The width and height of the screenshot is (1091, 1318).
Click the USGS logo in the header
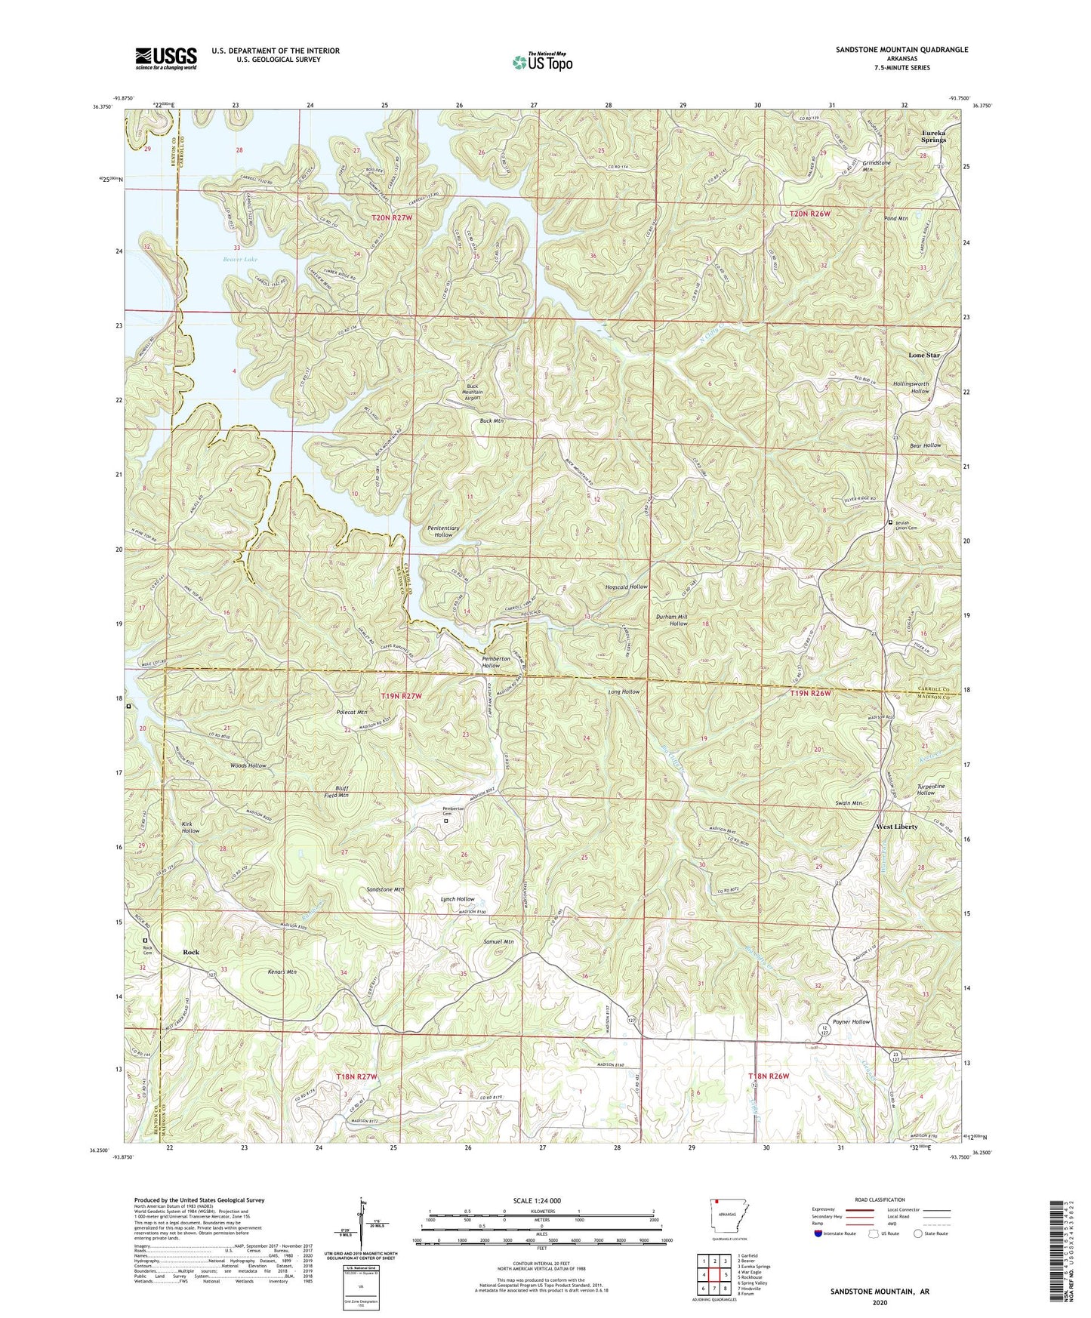[166, 58]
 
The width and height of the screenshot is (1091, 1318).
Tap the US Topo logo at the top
[542, 62]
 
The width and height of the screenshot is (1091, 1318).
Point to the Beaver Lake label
[240, 260]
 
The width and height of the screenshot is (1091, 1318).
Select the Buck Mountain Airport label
[472, 393]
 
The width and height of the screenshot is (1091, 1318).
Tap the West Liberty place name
[896, 827]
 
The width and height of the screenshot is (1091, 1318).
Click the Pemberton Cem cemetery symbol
[445, 821]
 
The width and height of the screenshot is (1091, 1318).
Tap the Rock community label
[191, 953]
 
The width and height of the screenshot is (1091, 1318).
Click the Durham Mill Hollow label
[671, 620]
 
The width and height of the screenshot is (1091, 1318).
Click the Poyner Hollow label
[851, 1021]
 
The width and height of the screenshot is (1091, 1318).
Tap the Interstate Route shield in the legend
[819, 1233]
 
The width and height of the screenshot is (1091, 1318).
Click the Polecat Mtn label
[351, 712]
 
